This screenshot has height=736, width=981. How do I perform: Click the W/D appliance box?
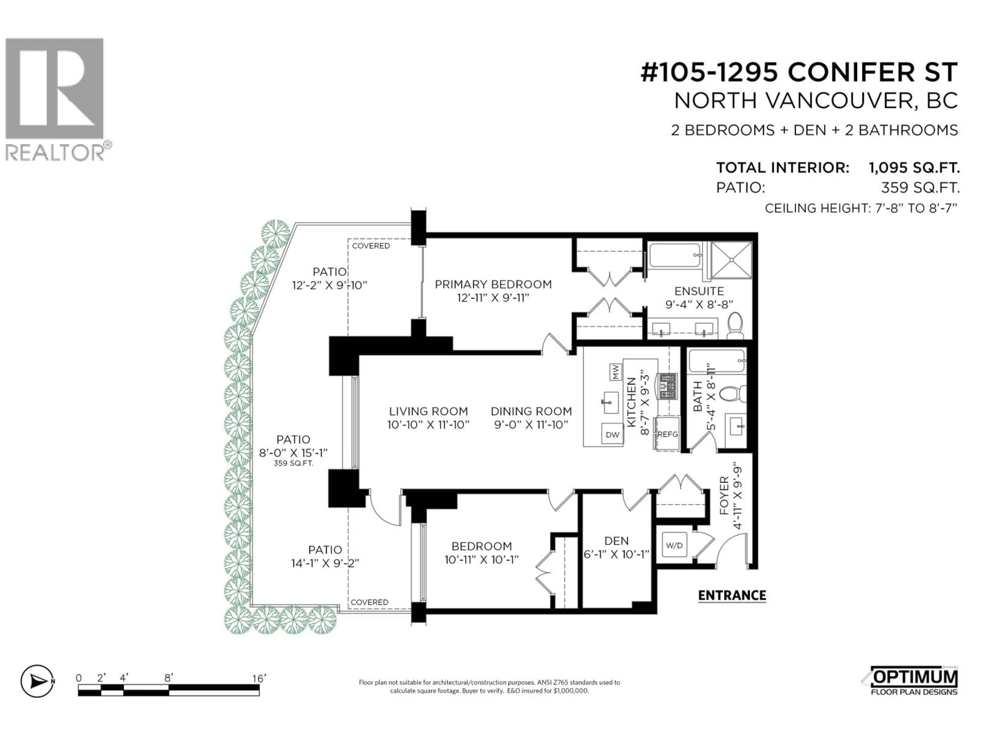click(x=674, y=545)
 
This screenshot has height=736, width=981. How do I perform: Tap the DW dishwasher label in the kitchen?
click(x=612, y=435)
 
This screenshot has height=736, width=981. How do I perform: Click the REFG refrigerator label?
click(x=668, y=434)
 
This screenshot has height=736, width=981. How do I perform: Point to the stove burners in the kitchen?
click(x=668, y=386)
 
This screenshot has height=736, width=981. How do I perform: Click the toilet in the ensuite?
click(x=735, y=325)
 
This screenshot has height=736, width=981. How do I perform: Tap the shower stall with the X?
click(x=731, y=260)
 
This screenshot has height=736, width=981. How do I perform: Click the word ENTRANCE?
click(x=732, y=595)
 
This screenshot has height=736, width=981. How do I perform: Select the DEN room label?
click(x=616, y=541)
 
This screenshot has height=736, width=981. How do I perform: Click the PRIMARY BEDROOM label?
click(x=493, y=284)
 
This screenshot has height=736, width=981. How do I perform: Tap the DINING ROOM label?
click(x=531, y=411)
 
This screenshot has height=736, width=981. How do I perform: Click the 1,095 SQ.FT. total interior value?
click(x=914, y=168)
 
